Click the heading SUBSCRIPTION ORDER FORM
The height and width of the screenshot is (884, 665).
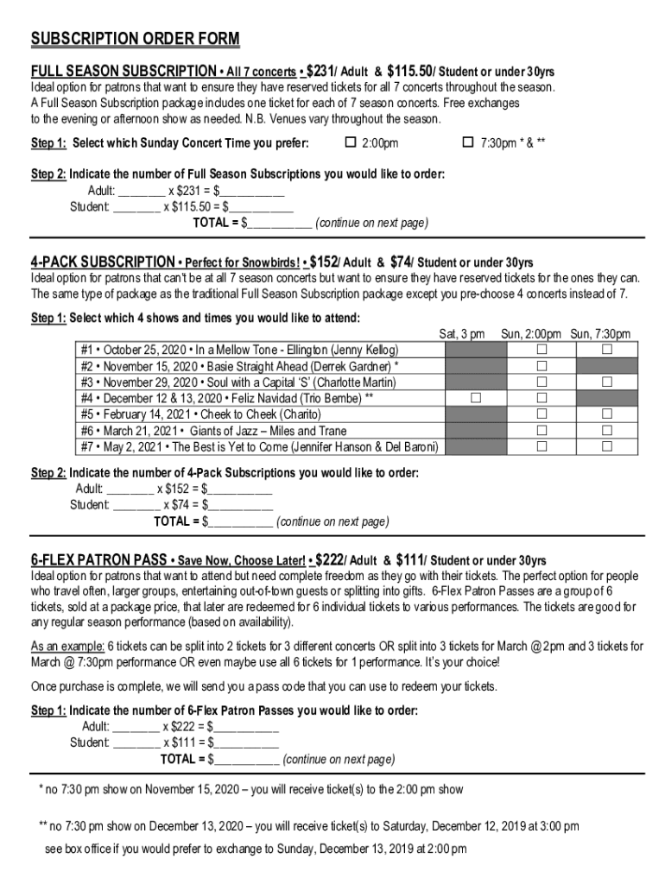click(x=136, y=40)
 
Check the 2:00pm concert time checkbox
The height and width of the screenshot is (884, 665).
click(x=351, y=142)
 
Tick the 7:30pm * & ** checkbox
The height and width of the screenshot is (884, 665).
click(x=468, y=142)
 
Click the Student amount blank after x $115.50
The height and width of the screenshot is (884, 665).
click(x=261, y=207)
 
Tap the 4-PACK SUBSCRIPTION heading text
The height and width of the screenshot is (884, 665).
click(x=103, y=262)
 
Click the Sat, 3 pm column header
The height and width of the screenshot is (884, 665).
click(x=462, y=334)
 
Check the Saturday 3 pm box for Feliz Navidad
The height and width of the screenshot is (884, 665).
click(x=476, y=398)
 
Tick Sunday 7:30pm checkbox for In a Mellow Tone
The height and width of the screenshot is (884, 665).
click(x=606, y=350)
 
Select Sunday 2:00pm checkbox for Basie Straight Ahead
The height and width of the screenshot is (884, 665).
click(x=542, y=366)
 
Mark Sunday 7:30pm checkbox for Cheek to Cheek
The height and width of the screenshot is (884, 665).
click(x=606, y=414)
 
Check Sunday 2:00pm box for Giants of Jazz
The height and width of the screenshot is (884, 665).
click(x=542, y=431)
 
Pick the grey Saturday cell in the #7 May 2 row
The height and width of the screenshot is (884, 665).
click(x=476, y=446)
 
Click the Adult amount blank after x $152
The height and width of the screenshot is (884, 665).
click(x=241, y=489)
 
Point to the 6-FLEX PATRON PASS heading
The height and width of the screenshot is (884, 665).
click(x=98, y=560)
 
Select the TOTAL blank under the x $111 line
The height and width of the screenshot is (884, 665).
click(x=247, y=760)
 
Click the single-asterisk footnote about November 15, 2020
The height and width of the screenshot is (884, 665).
click(x=251, y=789)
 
